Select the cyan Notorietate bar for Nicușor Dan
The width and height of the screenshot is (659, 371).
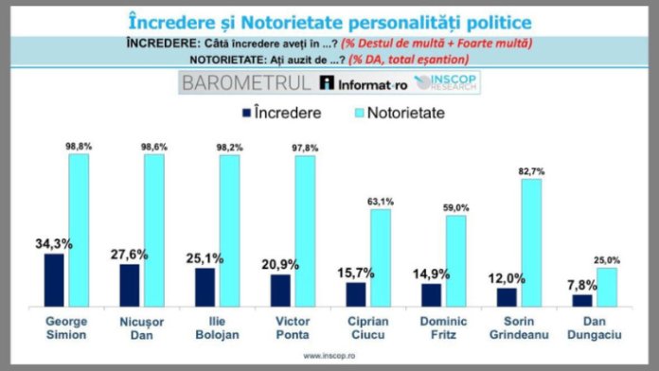click(154, 230)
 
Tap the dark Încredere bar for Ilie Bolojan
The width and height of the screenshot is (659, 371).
click(205, 287)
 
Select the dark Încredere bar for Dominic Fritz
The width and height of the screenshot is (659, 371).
click(431, 294)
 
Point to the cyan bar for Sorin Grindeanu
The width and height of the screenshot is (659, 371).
click(530, 242)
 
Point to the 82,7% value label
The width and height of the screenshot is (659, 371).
click(531, 171)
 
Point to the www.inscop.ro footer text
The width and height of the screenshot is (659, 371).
click(329, 356)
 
